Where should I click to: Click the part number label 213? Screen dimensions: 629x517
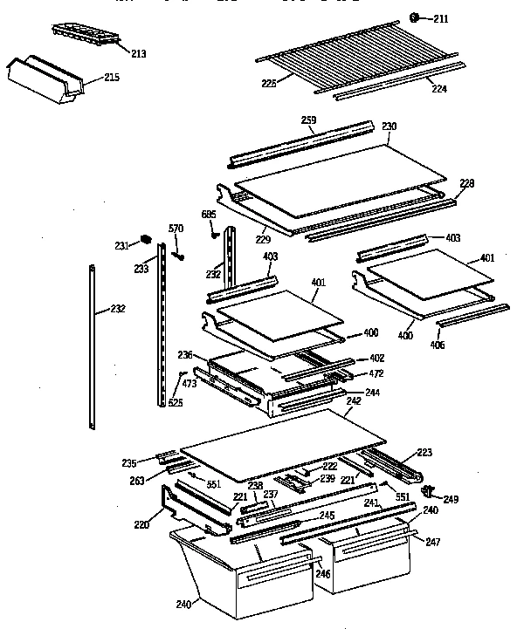pyautogui.click(x=138, y=54)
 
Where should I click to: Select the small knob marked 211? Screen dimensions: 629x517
pyautogui.click(x=415, y=17)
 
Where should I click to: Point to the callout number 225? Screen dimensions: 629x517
pyautogui.click(x=269, y=84)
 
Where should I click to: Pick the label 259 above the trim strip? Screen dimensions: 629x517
pyautogui.click(x=308, y=120)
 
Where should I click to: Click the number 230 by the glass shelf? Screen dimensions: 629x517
pyautogui.click(x=389, y=126)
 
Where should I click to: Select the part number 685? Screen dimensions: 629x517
pyautogui.click(x=209, y=214)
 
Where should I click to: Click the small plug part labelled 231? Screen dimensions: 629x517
pyautogui.click(x=146, y=238)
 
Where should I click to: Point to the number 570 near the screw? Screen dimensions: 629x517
pyautogui.click(x=176, y=229)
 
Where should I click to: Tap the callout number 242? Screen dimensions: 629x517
pyautogui.click(x=353, y=401)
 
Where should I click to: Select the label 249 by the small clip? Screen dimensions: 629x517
pyautogui.click(x=451, y=499)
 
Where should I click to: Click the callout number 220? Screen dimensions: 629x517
pyautogui.click(x=141, y=526)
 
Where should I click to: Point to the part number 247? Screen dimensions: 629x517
pyautogui.click(x=433, y=542)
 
